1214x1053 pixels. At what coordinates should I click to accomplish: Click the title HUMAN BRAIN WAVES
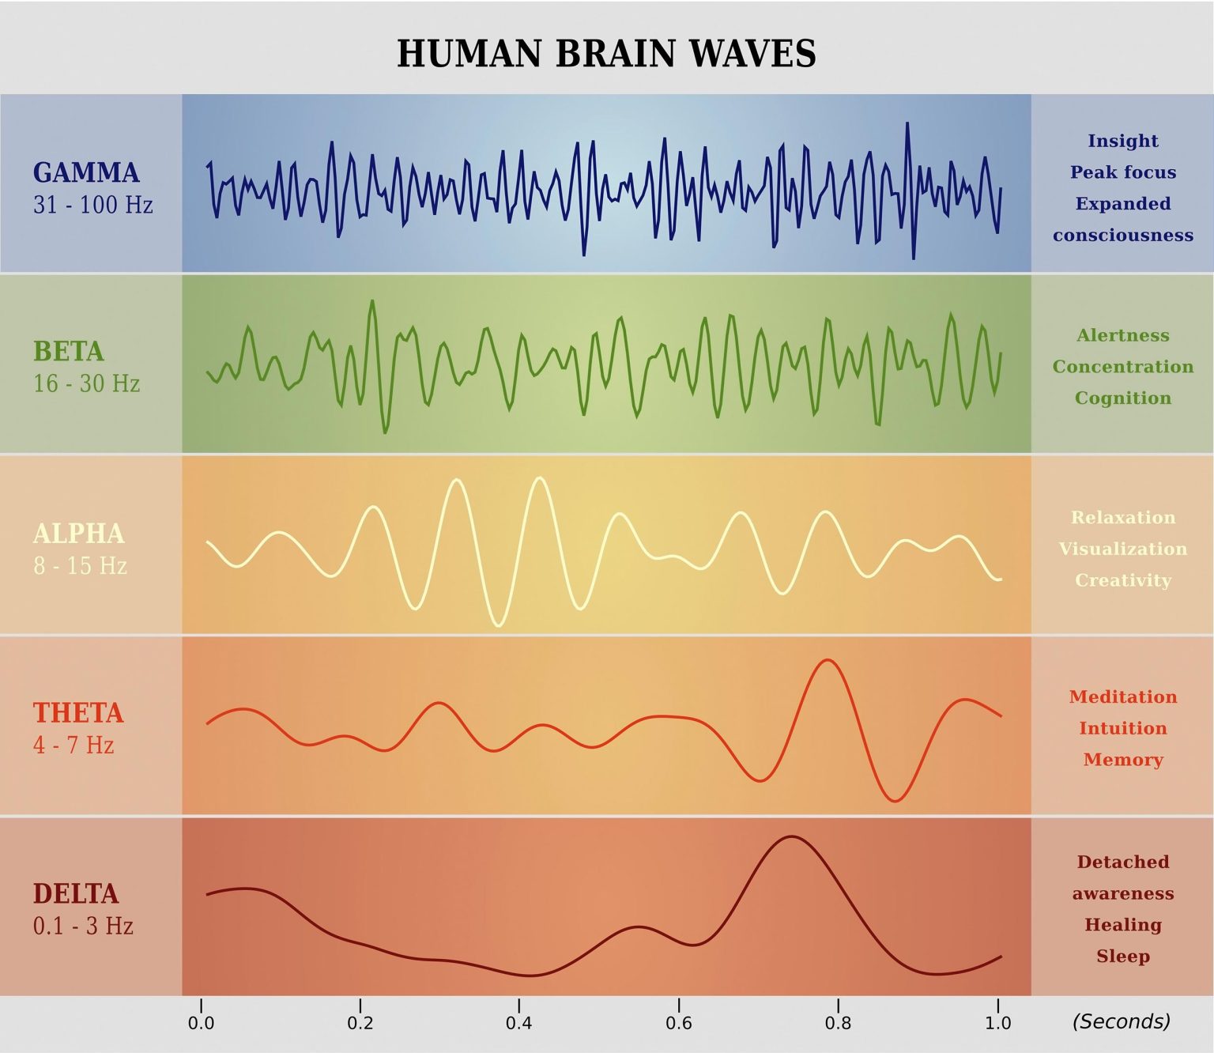coord(606,54)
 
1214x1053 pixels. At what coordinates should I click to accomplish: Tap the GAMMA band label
coord(86,172)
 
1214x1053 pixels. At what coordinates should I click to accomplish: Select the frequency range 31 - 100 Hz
coord(93,205)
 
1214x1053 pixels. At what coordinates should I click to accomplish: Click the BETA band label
coord(69,351)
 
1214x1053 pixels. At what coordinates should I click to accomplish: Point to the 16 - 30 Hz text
coord(87,383)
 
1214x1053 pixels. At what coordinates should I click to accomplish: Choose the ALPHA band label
coord(79,534)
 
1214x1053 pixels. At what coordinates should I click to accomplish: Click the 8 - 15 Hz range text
coord(81,566)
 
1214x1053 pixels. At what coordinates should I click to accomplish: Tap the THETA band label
coord(78,713)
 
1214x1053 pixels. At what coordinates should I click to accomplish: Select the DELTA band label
coord(76,893)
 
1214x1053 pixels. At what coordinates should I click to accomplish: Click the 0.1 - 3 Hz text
coord(83,926)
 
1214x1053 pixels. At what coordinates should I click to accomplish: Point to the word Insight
coord(1122,141)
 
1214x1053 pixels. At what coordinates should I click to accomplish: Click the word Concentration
coord(1122,367)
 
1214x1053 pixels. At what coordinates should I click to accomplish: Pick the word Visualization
coord(1122,549)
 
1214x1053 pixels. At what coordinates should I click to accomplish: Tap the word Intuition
coord(1122,728)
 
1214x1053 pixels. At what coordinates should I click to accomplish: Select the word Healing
coord(1122,925)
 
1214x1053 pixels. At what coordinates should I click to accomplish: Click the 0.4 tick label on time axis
coord(518,1023)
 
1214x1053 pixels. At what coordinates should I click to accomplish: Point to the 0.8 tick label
coord(838,1023)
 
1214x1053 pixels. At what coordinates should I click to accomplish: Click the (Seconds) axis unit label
coord(1121,1021)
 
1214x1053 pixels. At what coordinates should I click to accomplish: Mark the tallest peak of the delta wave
coord(791,836)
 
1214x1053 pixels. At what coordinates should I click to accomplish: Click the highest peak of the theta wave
coord(828,659)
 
